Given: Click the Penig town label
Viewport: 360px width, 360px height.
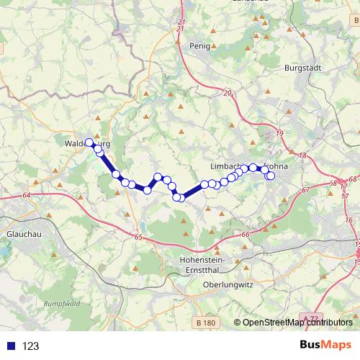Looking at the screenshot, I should coord(199,45).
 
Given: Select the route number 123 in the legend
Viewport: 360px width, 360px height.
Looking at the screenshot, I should coord(31,346).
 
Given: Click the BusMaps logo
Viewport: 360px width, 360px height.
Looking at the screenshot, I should coord(326,345).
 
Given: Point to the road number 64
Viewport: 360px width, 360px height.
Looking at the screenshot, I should coord(26,195).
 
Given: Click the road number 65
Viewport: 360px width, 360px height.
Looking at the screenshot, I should coord(139,236).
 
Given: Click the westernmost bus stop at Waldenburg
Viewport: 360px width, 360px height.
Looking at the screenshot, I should coord(90,143).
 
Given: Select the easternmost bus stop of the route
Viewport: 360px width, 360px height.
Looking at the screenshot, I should coord(271,176).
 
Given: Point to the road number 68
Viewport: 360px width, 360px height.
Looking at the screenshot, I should coord(352,181).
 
